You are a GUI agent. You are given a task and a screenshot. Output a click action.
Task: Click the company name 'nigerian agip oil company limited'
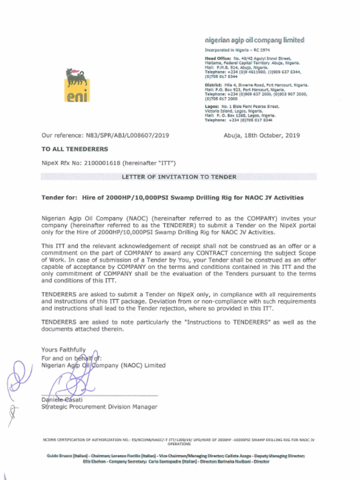pos(255,40)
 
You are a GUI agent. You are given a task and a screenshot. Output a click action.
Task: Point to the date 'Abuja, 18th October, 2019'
pos(262,135)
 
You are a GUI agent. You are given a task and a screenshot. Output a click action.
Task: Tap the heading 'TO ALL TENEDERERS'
pos(75,149)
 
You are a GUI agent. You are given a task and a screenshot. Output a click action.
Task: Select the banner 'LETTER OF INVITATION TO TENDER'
pos(179,177)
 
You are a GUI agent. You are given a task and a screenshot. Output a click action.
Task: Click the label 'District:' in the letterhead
pos(213,85)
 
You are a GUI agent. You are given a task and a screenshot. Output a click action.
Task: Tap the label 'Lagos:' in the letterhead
pos(212,107)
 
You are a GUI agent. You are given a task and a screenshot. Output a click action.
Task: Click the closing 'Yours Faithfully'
pos(63,350)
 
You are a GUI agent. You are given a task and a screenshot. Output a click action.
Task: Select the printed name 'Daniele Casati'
pos(62,399)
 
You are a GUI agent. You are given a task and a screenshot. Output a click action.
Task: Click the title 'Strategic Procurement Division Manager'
pos(99,407)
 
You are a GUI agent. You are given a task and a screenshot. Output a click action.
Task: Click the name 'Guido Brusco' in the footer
pos(59,456)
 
